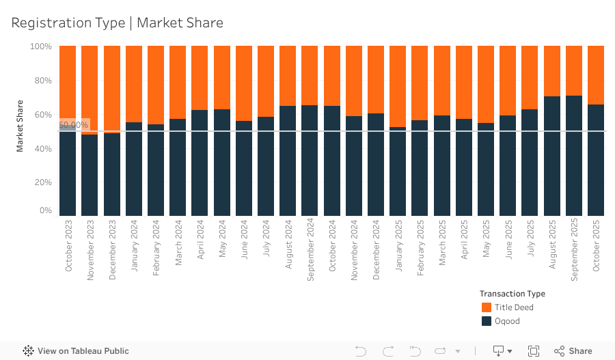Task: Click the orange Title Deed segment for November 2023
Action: click(90, 89)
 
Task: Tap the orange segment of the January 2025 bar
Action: click(398, 86)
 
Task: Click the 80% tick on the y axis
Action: click(41, 81)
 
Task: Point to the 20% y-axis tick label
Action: click(41, 182)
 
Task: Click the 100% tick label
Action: click(40, 46)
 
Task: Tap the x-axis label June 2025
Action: click(508, 245)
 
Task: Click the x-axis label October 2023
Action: click(68, 247)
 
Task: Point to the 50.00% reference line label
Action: click(74, 125)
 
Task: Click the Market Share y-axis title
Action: click(20, 126)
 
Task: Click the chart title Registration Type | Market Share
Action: click(117, 23)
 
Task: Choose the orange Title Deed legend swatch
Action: click(487, 307)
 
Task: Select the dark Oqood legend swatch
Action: click(487, 321)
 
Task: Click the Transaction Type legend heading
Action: click(512, 294)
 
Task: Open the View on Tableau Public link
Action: click(76, 351)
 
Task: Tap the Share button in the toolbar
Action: click(573, 351)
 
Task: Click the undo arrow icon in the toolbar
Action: click(361, 351)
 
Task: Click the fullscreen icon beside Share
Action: click(534, 351)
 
